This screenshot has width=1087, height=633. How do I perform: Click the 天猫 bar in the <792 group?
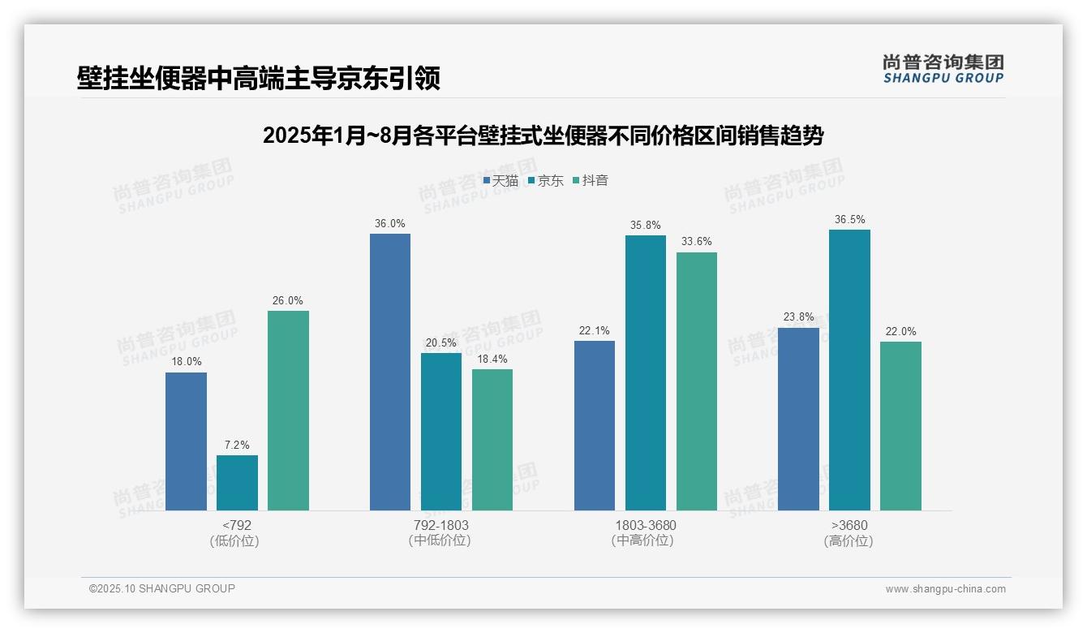(186, 441)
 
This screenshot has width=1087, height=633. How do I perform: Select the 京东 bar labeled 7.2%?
(237, 483)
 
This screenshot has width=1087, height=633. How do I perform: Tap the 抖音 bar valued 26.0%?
(288, 411)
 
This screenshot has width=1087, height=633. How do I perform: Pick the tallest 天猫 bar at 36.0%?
(390, 372)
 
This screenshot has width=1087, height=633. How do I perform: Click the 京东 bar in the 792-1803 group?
(441, 432)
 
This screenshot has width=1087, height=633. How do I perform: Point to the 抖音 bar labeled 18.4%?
(492, 440)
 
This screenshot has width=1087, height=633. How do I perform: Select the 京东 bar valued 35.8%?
(646, 372)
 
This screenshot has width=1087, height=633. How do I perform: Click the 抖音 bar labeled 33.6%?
(697, 381)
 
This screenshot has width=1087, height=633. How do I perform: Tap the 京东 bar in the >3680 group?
(849, 370)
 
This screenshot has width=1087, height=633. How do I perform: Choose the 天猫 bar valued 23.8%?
(798, 419)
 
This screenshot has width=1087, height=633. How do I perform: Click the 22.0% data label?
(900, 331)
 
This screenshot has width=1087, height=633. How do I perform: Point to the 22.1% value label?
(595, 330)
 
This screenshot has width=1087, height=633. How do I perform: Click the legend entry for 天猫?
(501, 181)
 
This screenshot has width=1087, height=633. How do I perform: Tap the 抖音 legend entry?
(591, 181)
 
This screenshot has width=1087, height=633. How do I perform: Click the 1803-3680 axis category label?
(645, 525)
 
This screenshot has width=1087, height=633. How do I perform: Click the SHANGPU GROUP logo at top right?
(943, 69)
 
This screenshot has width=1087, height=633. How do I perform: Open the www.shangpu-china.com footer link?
(945, 589)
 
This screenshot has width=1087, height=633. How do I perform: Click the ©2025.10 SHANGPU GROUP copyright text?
(162, 588)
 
